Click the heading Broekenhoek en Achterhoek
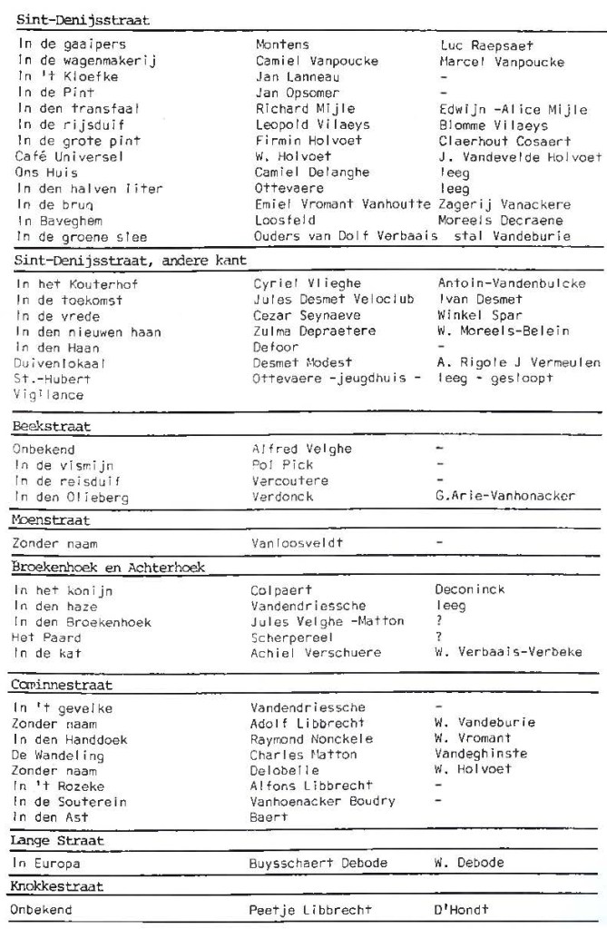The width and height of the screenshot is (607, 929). click(108, 567)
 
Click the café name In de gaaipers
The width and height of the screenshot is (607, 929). click(71, 44)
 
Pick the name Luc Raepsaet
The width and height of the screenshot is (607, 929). click(487, 44)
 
